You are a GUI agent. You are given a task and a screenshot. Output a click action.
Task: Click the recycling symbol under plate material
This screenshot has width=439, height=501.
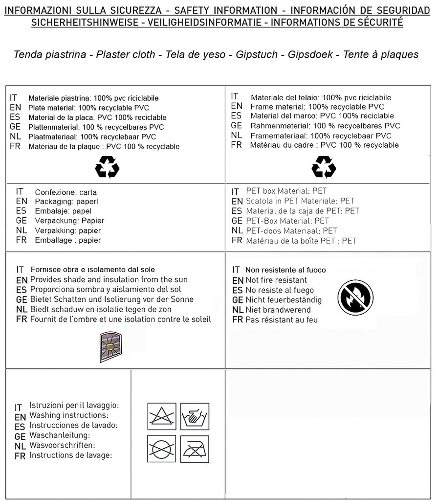107,167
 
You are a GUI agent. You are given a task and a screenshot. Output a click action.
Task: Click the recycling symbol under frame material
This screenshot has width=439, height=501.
323,167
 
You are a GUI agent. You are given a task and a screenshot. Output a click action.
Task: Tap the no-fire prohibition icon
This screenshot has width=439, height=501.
355,297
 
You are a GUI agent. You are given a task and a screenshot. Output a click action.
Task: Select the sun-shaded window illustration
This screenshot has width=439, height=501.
110,347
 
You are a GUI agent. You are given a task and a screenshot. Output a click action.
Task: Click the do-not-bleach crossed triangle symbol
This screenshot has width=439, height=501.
161,416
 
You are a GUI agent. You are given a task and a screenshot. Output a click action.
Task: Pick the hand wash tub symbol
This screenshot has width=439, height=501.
195,416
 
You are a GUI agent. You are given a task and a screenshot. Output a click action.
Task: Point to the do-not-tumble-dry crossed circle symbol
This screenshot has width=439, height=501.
161,449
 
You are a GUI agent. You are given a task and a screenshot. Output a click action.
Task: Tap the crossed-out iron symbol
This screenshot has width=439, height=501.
195,449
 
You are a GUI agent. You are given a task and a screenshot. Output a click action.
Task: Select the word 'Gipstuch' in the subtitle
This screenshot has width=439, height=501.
256,54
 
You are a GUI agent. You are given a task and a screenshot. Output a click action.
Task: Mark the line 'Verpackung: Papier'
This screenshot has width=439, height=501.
69,221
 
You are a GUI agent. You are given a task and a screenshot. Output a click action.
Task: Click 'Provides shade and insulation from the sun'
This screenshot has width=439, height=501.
109,280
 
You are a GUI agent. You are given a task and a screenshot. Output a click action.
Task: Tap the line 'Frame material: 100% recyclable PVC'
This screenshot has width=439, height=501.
317,107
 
